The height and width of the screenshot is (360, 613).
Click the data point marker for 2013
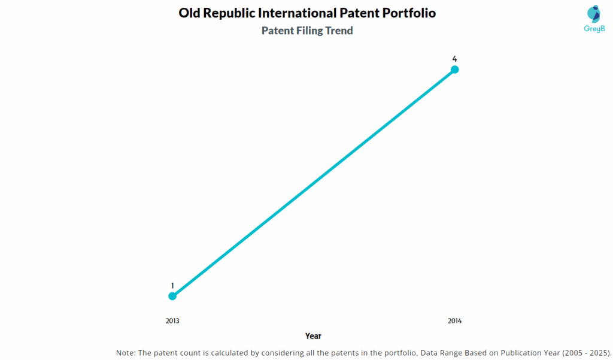tap(172, 296)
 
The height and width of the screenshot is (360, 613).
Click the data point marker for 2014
tap(454, 69)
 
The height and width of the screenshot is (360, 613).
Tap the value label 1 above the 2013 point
tap(172, 286)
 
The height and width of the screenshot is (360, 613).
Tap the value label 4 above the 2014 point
tap(454, 59)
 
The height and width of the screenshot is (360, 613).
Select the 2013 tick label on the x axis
tap(172, 321)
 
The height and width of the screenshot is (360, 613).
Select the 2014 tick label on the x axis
tap(454, 321)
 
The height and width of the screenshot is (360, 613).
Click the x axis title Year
tap(313, 336)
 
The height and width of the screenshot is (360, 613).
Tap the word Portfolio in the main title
tap(406, 13)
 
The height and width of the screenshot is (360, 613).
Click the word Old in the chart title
tap(190, 13)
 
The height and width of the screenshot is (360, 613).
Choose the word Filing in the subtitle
tap(309, 31)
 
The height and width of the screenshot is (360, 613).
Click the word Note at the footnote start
tap(126, 353)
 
